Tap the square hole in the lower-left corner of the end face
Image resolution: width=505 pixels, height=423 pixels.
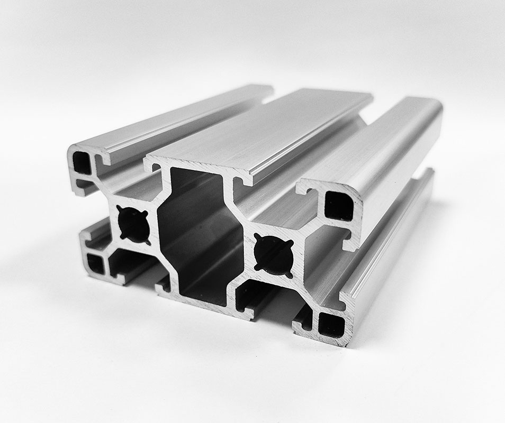pyautogui.click(x=96, y=263)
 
